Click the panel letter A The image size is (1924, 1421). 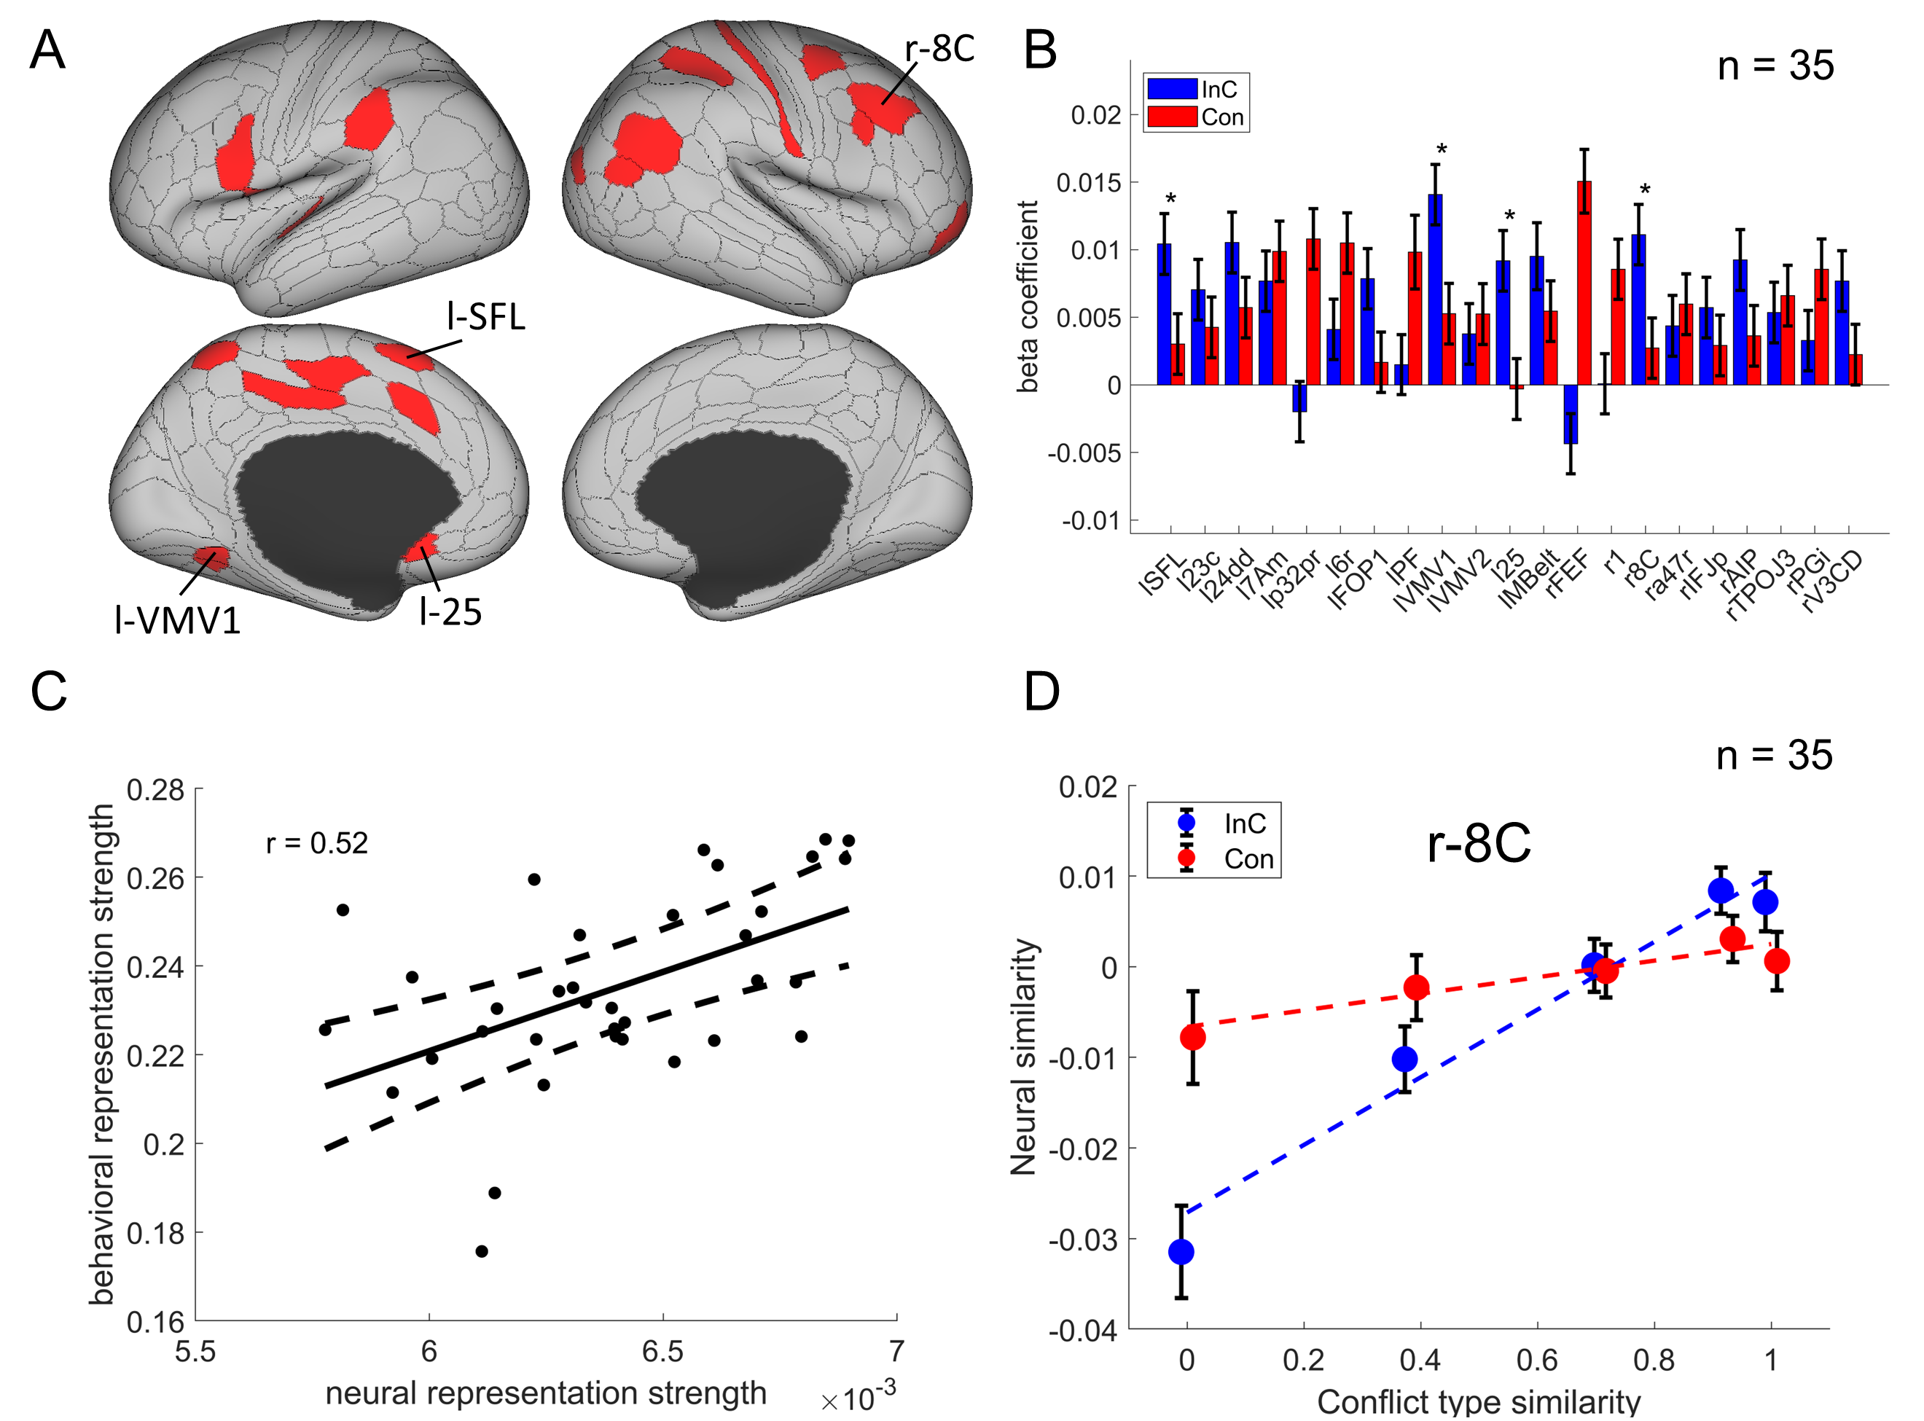click(x=47, y=50)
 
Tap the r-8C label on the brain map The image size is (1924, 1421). click(x=939, y=49)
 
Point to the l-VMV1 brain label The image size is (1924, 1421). click(x=177, y=620)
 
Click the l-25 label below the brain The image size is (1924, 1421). click(x=450, y=611)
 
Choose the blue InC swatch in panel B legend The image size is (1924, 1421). click(x=1171, y=89)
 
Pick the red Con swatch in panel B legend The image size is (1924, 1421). click(x=1171, y=116)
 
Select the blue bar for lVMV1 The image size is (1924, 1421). click(x=1434, y=289)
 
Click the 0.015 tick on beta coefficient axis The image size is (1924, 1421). click(x=1088, y=182)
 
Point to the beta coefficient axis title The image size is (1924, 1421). click(x=1028, y=297)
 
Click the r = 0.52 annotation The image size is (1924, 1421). click(x=316, y=843)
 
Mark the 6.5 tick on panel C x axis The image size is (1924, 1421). click(x=662, y=1351)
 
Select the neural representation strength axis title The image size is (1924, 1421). click(x=545, y=1393)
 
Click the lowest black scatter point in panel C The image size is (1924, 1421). click(x=482, y=1251)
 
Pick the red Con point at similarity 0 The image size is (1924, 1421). click(x=1192, y=1038)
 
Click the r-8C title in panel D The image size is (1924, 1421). click(x=1479, y=843)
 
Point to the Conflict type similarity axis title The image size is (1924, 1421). click(x=1479, y=1402)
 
